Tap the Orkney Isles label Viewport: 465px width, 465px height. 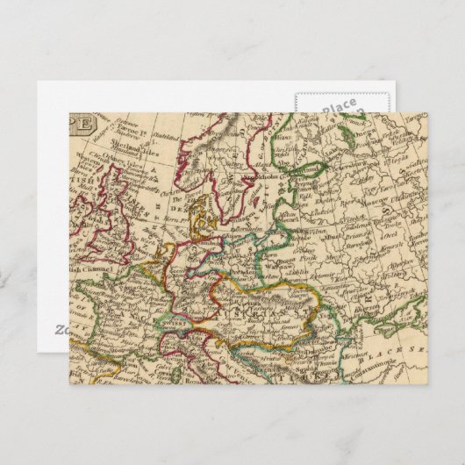click(98, 164)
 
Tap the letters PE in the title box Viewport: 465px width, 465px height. click(79, 123)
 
